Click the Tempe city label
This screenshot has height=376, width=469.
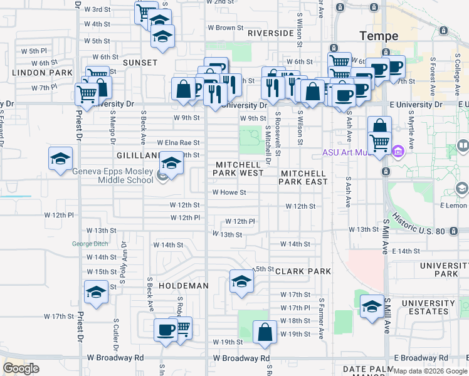click(x=376, y=35)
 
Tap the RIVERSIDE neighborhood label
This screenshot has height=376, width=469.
click(x=270, y=33)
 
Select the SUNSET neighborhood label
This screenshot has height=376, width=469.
click(x=140, y=63)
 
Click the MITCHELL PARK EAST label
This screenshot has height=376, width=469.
click(x=304, y=177)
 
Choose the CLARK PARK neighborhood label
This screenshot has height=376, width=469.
click(x=302, y=272)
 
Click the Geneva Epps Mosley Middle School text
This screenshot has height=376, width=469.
click(x=113, y=176)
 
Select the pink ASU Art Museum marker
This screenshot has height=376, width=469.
click(x=398, y=152)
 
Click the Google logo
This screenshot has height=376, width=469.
click(x=21, y=368)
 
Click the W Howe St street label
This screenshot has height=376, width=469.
click(x=229, y=193)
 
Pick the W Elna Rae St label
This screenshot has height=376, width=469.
click(x=178, y=143)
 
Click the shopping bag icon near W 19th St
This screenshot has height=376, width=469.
click(x=265, y=332)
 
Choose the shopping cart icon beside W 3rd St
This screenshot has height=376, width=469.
click(x=145, y=11)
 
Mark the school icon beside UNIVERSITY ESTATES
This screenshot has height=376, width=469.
click(x=372, y=306)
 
